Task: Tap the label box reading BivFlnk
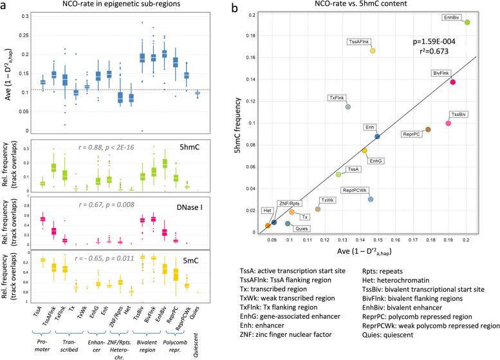443,73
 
